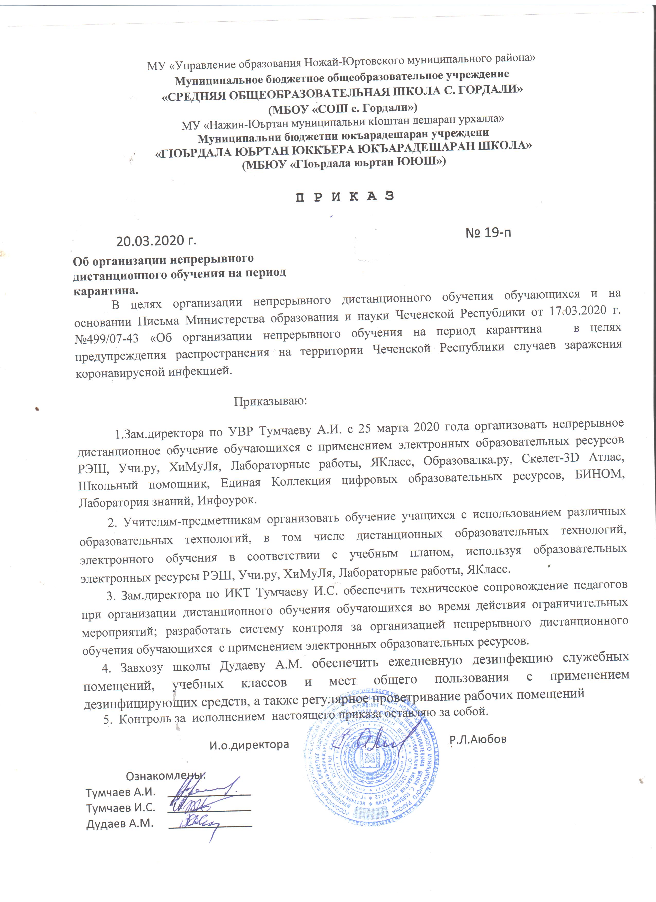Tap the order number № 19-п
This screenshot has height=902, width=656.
click(x=488, y=232)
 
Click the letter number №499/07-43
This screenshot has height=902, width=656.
click(x=107, y=339)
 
